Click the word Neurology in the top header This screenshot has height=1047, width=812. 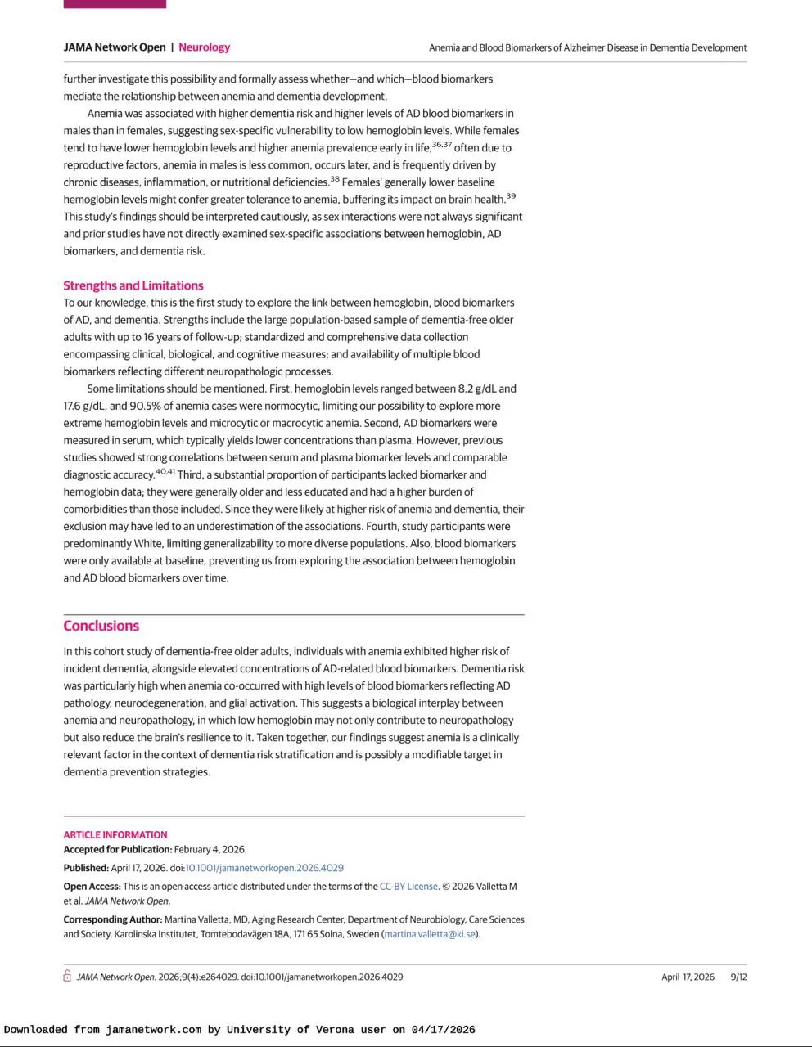point(204,47)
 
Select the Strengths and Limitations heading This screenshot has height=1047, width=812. point(133,285)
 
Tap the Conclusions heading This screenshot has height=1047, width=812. point(101,626)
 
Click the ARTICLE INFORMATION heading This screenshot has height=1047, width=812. point(115,834)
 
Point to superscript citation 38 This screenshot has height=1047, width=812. point(335,179)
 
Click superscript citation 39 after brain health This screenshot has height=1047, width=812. point(511,196)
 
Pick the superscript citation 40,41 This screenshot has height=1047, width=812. point(165,472)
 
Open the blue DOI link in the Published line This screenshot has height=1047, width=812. point(264,868)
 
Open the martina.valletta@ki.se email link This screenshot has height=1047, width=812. point(430,934)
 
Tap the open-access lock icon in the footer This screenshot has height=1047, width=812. point(67,976)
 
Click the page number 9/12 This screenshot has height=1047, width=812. point(738,977)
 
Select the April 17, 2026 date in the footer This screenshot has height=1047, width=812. point(688,977)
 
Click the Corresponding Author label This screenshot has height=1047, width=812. point(112,919)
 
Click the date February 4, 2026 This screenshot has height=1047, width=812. point(210,849)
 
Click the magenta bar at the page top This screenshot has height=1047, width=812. point(115,4)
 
